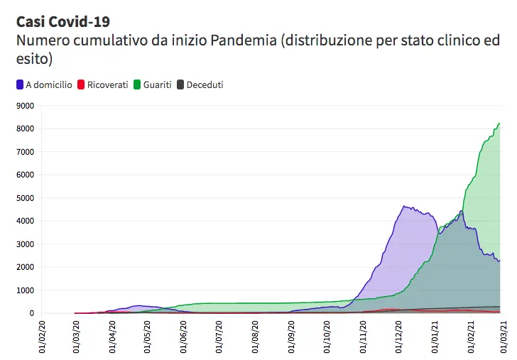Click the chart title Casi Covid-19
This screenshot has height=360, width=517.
tap(62, 21)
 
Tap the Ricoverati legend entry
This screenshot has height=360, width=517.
tap(107, 85)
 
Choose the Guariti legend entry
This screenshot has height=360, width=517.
tap(157, 85)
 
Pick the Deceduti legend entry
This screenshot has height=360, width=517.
tap(205, 85)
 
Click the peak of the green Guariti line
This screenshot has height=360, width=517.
tap(499, 124)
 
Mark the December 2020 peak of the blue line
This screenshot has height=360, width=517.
tap(403, 207)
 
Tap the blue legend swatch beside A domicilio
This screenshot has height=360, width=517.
tap(19, 85)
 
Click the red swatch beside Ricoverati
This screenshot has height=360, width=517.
tap(81, 85)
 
